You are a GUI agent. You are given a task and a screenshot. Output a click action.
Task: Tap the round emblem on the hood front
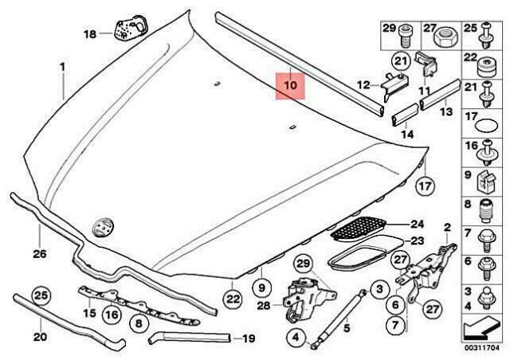(x=101, y=225)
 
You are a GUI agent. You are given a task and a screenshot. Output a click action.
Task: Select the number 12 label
(x=363, y=85)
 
